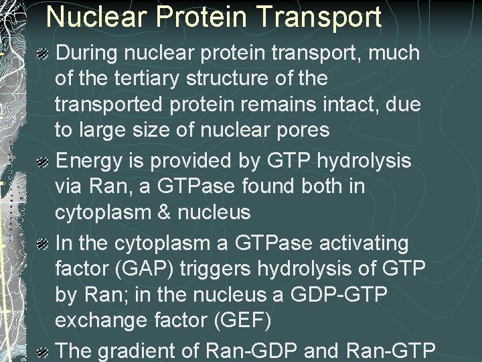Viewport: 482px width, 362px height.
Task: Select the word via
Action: [70, 186]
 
